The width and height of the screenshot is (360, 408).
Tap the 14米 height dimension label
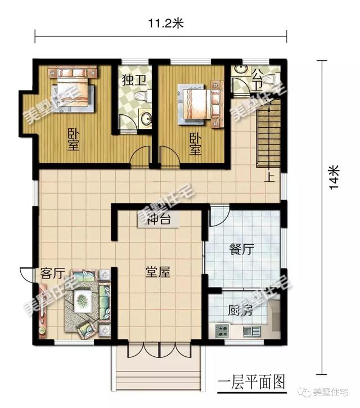[335, 178]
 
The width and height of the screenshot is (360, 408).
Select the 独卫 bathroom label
[134, 80]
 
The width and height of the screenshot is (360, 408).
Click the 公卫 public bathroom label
[257, 80]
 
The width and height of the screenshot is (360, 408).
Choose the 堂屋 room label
[157, 272]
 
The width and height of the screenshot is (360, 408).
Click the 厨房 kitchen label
[240, 311]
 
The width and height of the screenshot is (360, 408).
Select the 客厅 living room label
[52, 274]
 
